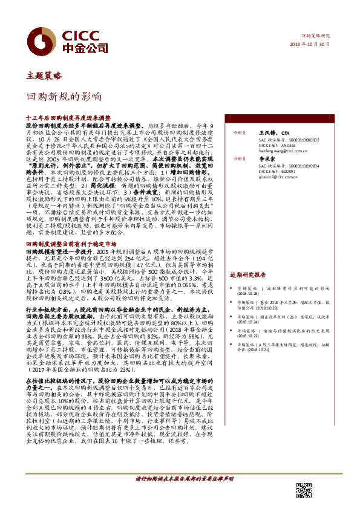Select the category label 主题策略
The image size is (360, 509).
44,76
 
